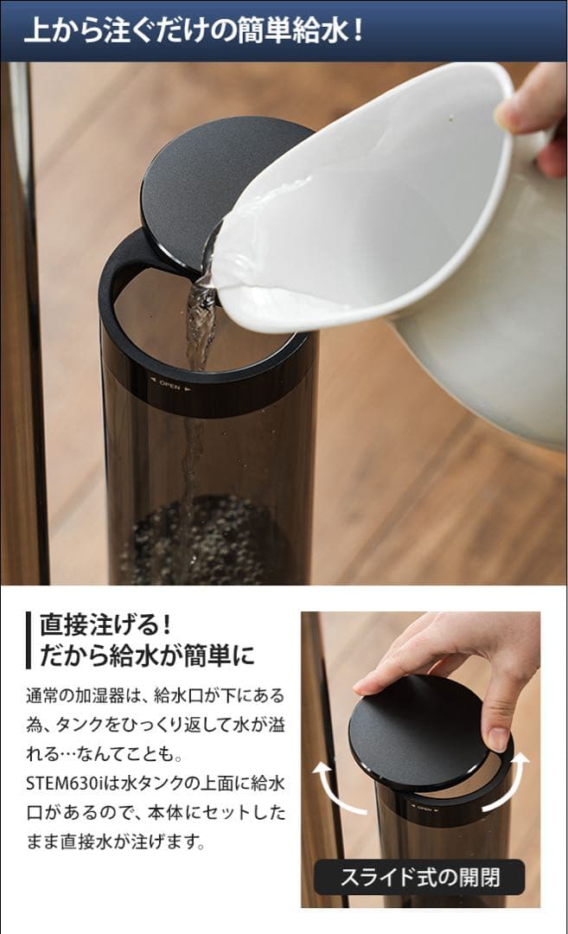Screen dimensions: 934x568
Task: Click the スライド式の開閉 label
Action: [419, 877]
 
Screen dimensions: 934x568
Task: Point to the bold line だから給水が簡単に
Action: [147, 655]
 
